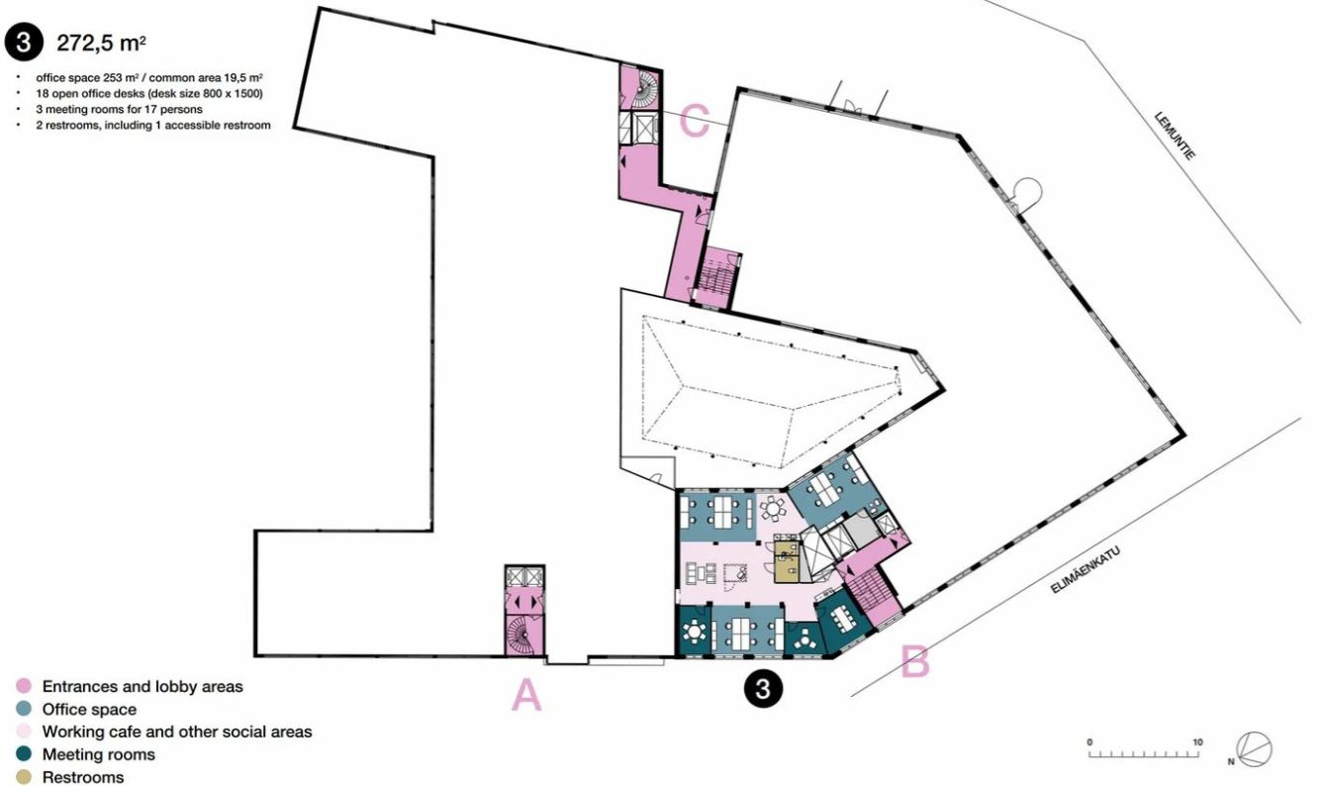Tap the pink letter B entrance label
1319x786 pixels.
915,661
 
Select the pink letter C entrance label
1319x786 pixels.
695,120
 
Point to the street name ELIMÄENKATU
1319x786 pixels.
1084,570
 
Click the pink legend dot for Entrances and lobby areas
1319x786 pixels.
24,686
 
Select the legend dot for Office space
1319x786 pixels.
24,709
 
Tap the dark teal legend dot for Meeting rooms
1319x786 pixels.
24,754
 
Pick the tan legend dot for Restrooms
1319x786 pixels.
24,776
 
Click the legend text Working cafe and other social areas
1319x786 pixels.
177,732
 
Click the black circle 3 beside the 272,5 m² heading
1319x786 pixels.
24,43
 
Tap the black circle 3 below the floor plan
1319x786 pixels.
763,688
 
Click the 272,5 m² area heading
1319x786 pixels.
101,43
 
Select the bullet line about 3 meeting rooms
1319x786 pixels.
119,109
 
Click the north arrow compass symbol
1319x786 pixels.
1254,750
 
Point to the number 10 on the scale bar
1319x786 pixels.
1197,741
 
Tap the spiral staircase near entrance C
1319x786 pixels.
643,90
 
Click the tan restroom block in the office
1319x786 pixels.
787,561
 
